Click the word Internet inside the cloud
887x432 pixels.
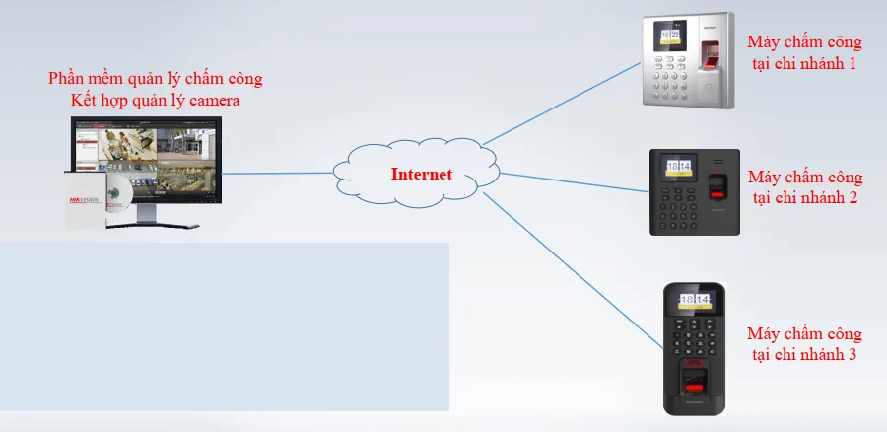422,175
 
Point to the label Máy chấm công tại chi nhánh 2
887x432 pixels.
805,187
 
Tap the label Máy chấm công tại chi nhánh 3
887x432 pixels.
804,344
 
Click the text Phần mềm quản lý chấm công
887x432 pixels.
156,78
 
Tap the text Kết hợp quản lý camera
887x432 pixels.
156,100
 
